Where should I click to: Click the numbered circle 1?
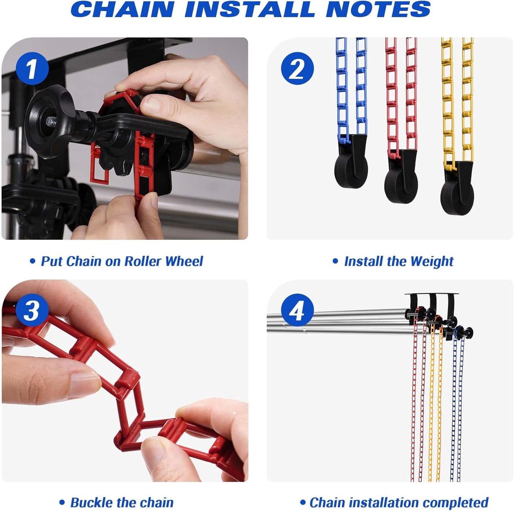click(x=32, y=69)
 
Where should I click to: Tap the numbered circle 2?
click(x=297, y=69)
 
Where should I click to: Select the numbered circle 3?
click(x=32, y=310)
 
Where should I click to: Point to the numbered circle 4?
click(x=297, y=310)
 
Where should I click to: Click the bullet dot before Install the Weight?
click(x=335, y=261)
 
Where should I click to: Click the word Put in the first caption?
click(x=52, y=261)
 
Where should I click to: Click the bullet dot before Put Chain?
click(x=32, y=261)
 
